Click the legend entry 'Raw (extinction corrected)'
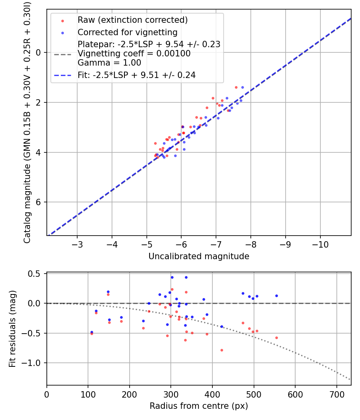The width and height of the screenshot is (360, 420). point(132,20)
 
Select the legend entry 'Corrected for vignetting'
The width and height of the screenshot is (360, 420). point(127,32)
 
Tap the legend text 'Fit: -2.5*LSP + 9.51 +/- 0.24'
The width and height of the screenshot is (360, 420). point(136,75)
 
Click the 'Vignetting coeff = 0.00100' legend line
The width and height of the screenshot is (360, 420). point(134,54)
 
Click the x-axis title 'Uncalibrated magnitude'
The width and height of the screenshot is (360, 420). point(199,256)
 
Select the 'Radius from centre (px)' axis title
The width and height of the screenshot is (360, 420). point(199,406)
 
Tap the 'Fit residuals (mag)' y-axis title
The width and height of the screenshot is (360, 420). point(12,329)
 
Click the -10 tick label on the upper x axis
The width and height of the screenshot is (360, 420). point(320,244)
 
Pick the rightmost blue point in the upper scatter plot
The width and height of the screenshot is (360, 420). point(242,87)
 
